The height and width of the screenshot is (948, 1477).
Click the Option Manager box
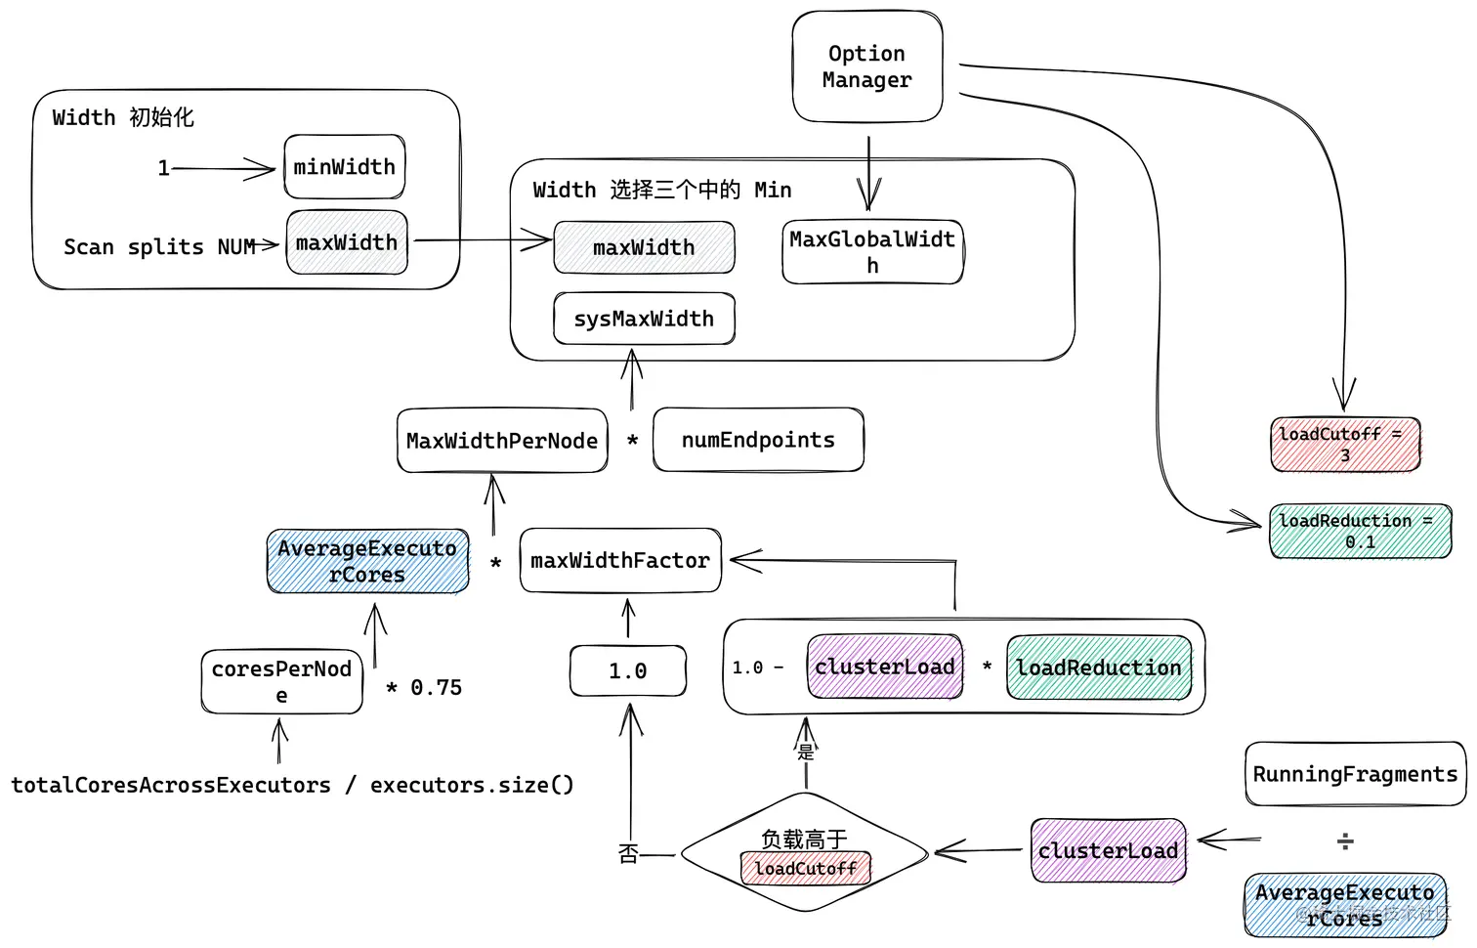pyautogui.click(x=866, y=66)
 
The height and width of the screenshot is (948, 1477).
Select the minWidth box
pyautogui.click(x=344, y=167)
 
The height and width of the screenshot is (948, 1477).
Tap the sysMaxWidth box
pyautogui.click(x=644, y=319)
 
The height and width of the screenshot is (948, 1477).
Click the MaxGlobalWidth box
pyautogui.click(x=872, y=252)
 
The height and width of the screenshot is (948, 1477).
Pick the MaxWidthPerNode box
pyautogui.click(x=502, y=441)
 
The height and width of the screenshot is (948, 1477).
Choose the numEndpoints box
pyautogui.click(x=758, y=440)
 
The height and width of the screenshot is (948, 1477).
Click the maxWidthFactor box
pyautogui.click(x=620, y=561)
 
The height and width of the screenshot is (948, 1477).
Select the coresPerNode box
pyautogui.click(x=281, y=681)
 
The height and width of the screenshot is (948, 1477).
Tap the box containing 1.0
pyautogui.click(x=628, y=671)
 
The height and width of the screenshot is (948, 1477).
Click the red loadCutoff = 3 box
pyautogui.click(x=1345, y=445)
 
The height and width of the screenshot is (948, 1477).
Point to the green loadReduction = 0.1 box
pyautogui.click(x=1360, y=531)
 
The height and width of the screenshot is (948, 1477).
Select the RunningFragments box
pyautogui.click(x=1355, y=774)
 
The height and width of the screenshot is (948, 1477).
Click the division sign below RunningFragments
pyautogui.click(x=1345, y=840)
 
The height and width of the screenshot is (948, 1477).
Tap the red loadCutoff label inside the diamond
pyautogui.click(x=806, y=868)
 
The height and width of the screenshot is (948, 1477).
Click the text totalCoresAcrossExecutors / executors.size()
pyautogui.click(x=292, y=785)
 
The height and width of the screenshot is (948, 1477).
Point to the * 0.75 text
pyautogui.click(x=424, y=688)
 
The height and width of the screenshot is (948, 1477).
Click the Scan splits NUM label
pyautogui.click(x=159, y=247)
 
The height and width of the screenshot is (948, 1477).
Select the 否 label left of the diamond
pyautogui.click(x=628, y=854)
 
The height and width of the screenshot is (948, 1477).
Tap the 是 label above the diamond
pyautogui.click(x=806, y=752)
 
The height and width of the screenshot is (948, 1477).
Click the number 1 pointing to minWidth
pyautogui.click(x=163, y=168)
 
